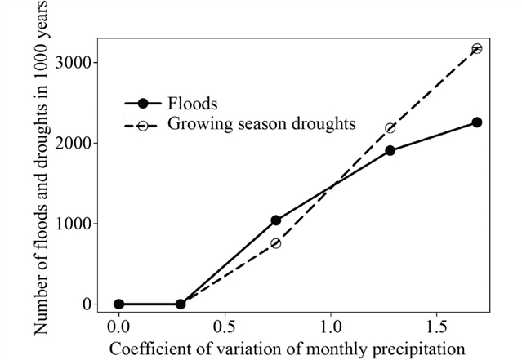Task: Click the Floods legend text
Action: pos(192,104)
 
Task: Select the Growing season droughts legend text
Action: pos(261,125)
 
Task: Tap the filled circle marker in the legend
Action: pos(143,104)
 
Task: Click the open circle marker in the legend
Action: pos(143,126)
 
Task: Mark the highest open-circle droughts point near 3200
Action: pos(477,48)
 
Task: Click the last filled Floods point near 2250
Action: pos(477,122)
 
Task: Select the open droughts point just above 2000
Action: pos(390,128)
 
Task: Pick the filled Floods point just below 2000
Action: pos(390,151)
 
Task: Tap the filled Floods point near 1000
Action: pos(276,220)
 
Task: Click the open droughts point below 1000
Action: pos(276,243)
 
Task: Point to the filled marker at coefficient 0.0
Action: pos(118,304)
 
